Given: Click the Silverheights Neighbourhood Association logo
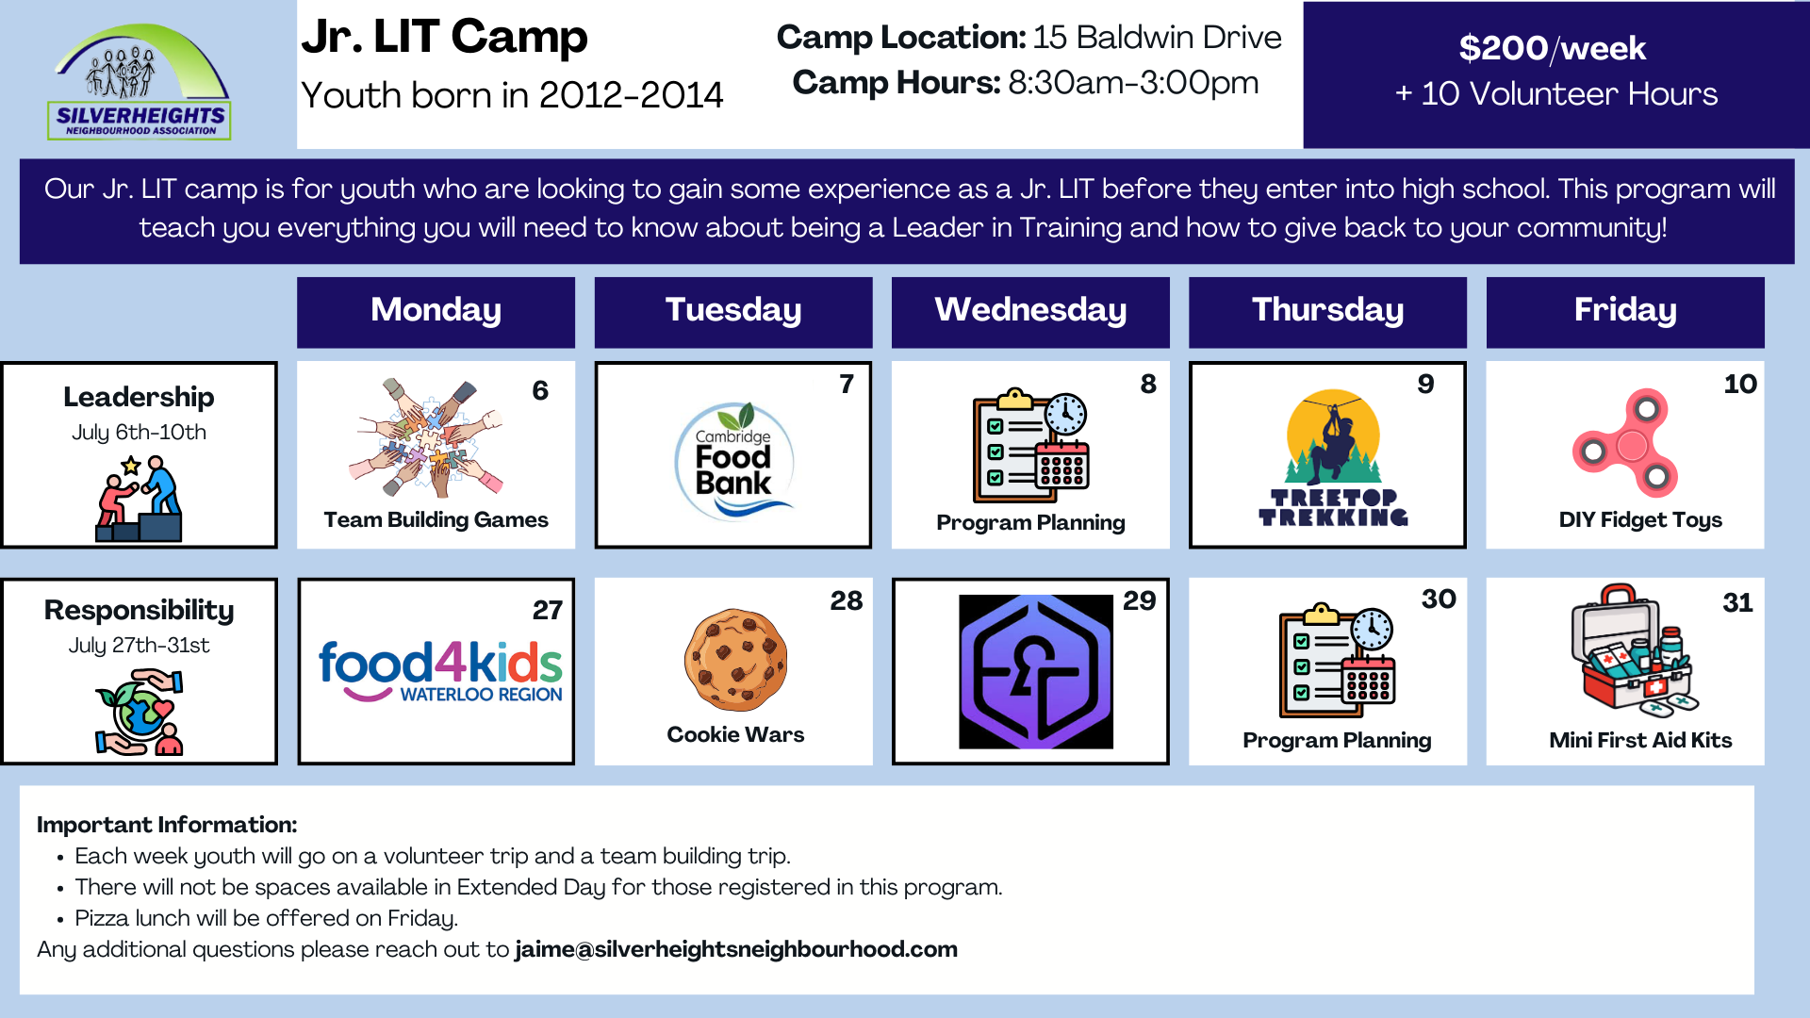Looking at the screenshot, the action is tap(140, 82).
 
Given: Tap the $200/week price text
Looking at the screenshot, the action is tap(1552, 48).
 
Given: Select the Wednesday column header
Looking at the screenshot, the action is tap(1030, 311).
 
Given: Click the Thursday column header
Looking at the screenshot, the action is tap(1327, 311).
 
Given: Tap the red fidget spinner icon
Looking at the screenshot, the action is tap(1625, 443).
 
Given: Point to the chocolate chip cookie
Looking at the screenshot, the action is tap(735, 660).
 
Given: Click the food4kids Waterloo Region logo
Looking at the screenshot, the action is tap(440, 670).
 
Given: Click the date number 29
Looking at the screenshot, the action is tap(1139, 600).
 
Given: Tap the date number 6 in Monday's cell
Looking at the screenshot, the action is tap(540, 390).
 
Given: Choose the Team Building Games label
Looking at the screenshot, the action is tap(436, 519).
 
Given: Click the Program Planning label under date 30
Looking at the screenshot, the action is tap(1337, 741).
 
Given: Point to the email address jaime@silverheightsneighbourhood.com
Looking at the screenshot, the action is tap(736, 949).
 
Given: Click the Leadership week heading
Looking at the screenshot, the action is tap(139, 398).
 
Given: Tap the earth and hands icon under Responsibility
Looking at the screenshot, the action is tap(140, 712).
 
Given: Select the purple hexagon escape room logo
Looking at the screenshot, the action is tap(1036, 671).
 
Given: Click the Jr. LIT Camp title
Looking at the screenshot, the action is tap(444, 37).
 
